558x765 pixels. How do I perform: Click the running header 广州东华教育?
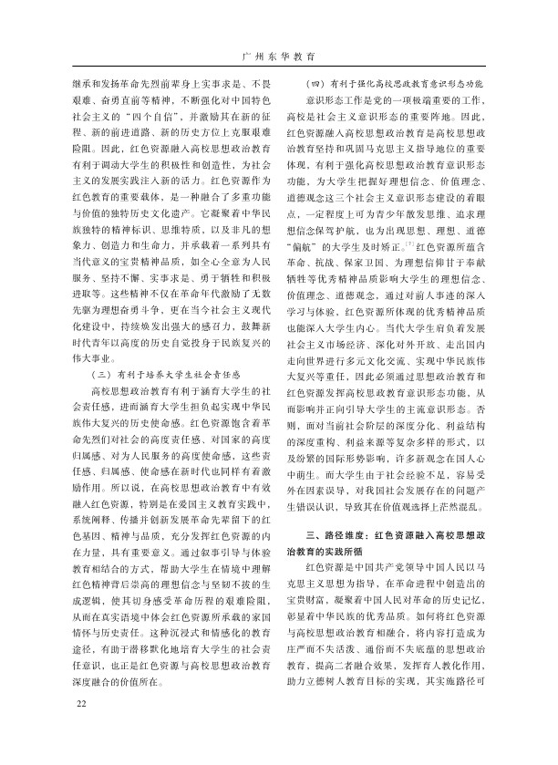tap(279, 57)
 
